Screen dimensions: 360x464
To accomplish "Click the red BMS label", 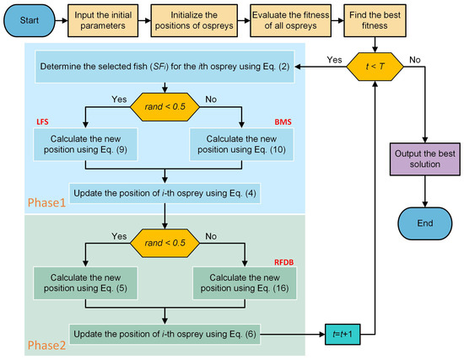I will click(270, 122).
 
